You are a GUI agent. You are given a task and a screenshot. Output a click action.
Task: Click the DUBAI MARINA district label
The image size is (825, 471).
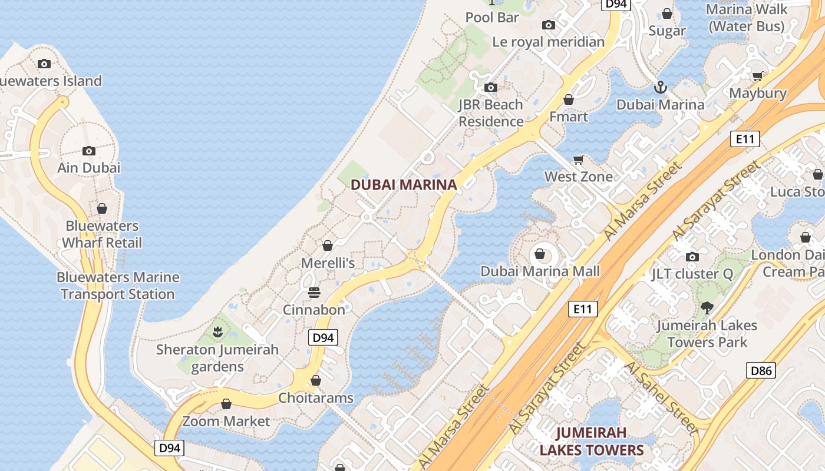404,185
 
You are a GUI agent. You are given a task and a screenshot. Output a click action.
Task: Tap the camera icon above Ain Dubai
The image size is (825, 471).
89,151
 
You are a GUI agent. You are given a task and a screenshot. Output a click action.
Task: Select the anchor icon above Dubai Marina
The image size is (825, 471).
660,88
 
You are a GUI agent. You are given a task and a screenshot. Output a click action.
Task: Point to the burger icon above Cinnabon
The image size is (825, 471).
313,293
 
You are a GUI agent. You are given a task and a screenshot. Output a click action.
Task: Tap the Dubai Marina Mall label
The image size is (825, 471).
540,271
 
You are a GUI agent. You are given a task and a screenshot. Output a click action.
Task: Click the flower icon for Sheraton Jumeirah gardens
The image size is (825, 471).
217,332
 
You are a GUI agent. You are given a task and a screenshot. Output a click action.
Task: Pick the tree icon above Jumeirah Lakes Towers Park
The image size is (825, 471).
707,307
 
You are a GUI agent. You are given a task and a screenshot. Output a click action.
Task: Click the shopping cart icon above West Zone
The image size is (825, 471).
579,160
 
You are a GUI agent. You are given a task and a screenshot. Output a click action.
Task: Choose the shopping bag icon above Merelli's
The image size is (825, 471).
328,246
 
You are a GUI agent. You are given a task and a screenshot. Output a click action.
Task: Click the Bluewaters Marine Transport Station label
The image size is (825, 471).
118,286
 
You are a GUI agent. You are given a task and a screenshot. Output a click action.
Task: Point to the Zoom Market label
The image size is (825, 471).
226,422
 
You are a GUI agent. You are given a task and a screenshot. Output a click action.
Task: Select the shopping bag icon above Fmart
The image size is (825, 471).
569,99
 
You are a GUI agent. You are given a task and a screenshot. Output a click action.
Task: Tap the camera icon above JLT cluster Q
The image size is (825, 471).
692,257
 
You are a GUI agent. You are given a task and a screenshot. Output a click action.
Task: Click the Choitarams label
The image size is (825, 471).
316,398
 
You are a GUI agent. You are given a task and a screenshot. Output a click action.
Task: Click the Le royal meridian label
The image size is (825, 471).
548,42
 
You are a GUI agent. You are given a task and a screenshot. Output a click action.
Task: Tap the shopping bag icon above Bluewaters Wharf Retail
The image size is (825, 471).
102,208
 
